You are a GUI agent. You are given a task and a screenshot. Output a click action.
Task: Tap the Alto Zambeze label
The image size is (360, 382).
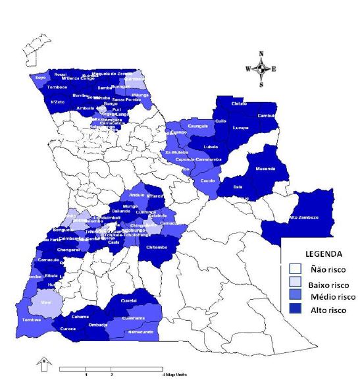pos(304,217)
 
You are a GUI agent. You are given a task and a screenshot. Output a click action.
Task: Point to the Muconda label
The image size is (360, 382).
pos(265,168)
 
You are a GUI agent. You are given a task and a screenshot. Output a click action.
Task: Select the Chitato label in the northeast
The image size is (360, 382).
pos(239,104)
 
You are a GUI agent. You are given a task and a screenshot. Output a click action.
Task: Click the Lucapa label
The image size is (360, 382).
pos(242,127)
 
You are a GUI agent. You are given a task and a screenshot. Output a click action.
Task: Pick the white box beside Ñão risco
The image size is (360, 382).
pos(296,268)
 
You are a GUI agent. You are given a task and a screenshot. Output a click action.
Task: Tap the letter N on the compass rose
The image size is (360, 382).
pos(261,53)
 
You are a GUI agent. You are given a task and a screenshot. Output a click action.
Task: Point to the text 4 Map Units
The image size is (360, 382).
pos(174,373)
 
